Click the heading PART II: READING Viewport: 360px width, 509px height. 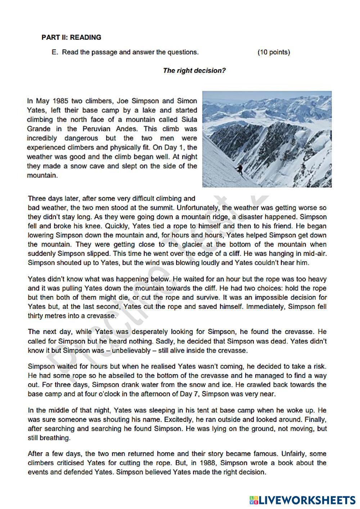[71, 37]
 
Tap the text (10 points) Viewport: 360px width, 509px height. [274, 52]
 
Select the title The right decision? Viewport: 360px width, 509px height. [194, 71]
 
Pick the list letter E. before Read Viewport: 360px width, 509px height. [55, 52]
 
